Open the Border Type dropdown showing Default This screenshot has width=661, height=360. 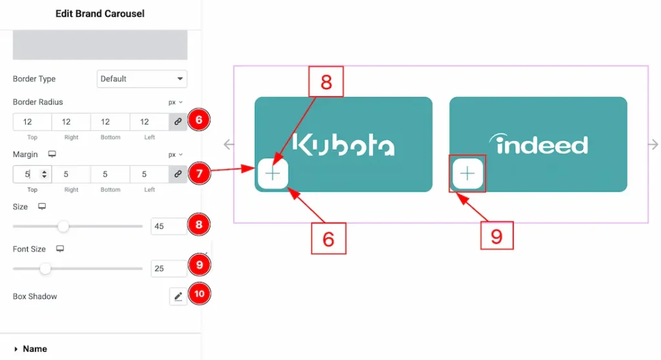[x=142, y=79]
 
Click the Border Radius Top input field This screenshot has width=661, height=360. [x=32, y=122]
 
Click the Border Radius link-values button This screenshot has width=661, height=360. [x=178, y=122]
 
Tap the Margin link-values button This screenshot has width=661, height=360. [x=178, y=174]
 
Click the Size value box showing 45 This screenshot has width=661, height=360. [x=168, y=226]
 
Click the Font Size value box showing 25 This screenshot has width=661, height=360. [x=168, y=268]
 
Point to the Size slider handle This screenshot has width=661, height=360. [x=63, y=226]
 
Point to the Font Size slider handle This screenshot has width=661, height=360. [x=45, y=268]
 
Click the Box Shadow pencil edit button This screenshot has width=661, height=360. [x=178, y=296]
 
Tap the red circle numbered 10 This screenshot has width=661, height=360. [x=199, y=294]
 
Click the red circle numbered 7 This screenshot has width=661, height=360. [x=199, y=173]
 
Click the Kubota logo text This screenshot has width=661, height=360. [x=343, y=145]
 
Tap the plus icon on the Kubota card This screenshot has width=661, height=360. [x=272, y=174]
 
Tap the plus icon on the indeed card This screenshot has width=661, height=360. [x=468, y=174]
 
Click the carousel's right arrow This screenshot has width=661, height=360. [x=653, y=145]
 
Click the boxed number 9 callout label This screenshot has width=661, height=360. [x=496, y=236]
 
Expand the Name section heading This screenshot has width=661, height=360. [x=35, y=348]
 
